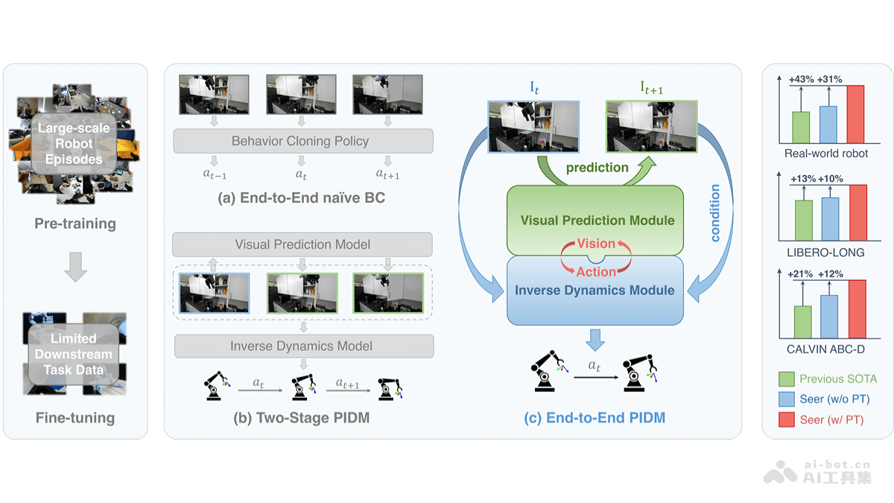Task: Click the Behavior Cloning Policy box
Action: pos(302,141)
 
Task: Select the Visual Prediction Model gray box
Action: pos(302,244)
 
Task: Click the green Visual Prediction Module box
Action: pos(595,213)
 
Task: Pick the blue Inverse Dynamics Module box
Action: pos(595,294)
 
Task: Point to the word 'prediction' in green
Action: pos(597,168)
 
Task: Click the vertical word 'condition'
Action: pos(715,214)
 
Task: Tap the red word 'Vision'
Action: pos(596,244)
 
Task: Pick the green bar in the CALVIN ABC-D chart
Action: pos(802,321)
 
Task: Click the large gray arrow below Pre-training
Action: pos(75,267)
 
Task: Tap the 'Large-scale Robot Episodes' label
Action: pos(74,143)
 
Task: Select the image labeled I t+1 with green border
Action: pos(650,127)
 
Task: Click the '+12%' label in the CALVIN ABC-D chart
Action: pos(829,274)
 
